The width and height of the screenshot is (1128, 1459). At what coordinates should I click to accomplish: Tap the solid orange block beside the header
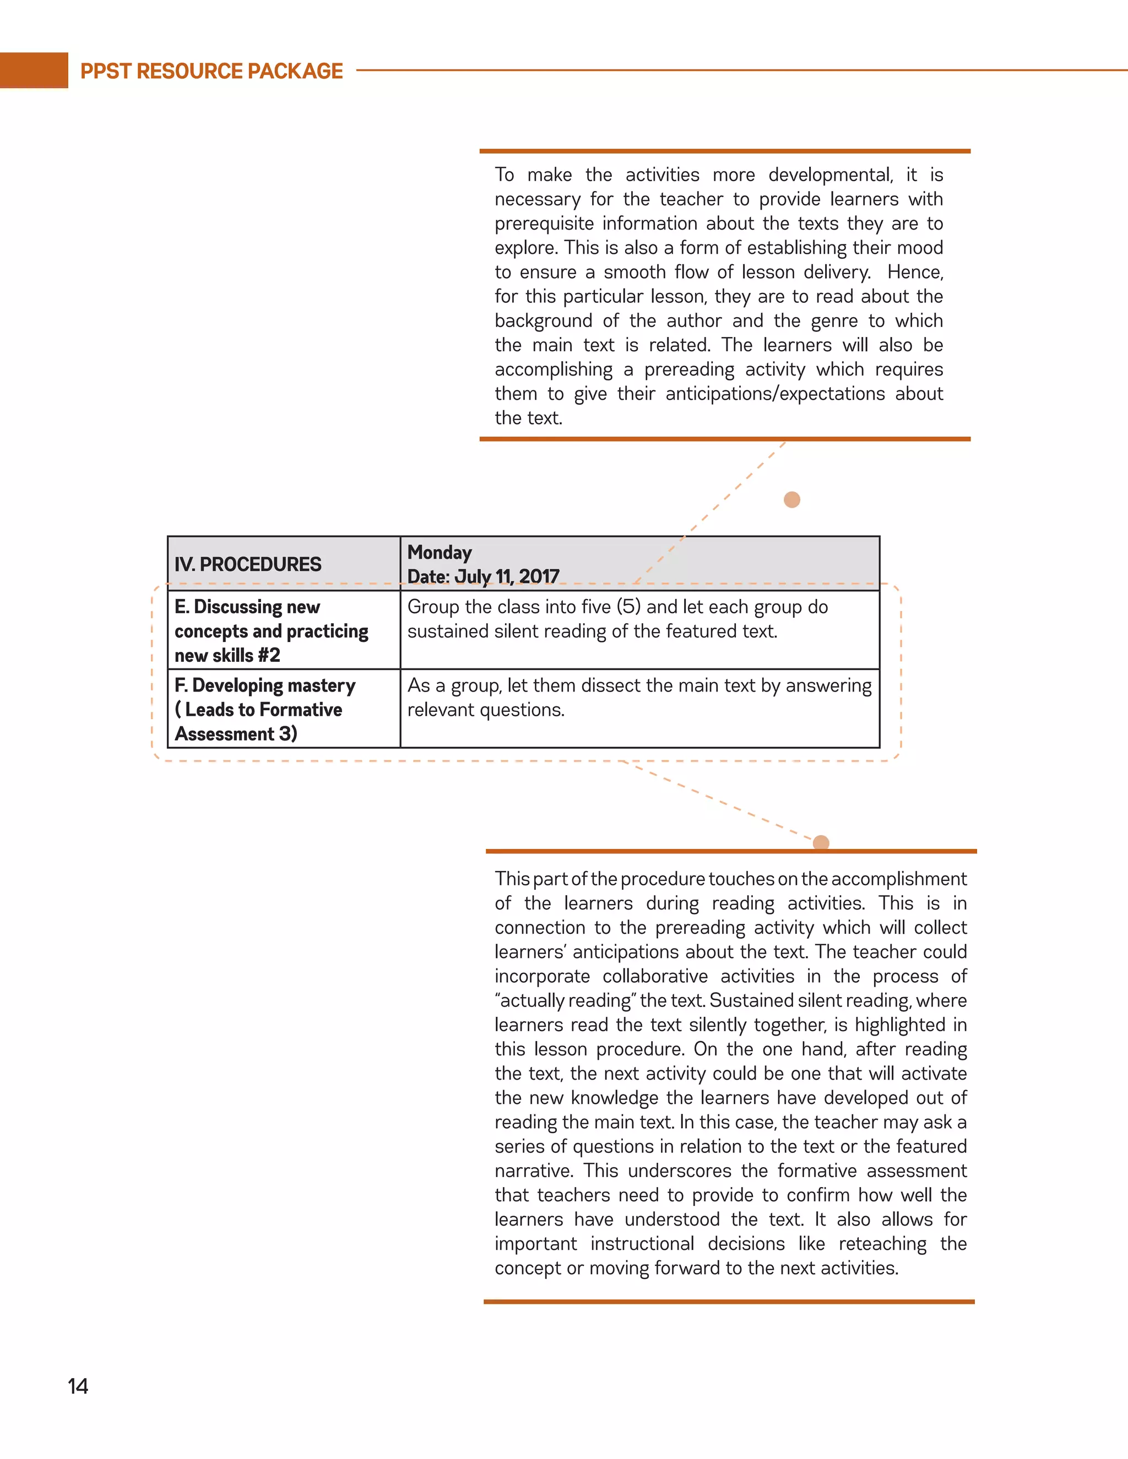point(34,70)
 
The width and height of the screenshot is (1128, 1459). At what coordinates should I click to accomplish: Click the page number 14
point(78,1386)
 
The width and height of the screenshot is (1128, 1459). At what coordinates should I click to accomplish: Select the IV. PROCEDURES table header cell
point(248,564)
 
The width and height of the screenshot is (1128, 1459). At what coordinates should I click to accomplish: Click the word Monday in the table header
point(440,552)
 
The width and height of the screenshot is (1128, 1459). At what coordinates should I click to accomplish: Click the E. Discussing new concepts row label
point(272,630)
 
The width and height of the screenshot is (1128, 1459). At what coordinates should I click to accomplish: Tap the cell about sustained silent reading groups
point(617,619)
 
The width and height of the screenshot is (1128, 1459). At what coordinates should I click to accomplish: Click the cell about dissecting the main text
point(639,698)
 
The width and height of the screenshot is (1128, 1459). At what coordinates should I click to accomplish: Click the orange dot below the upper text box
point(792,500)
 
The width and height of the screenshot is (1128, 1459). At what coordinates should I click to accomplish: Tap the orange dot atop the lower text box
point(821,843)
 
